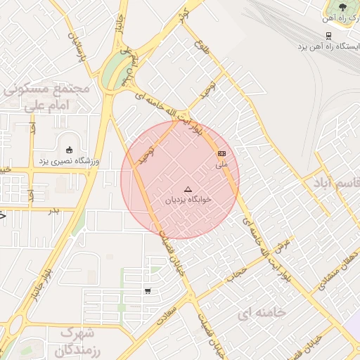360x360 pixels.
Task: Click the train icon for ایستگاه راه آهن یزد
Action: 328,36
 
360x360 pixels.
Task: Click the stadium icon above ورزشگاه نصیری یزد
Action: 69,150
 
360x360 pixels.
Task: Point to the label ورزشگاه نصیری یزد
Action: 69,161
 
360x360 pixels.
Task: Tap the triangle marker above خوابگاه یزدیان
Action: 187,189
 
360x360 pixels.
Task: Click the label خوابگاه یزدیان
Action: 187,200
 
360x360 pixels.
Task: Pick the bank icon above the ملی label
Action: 222,153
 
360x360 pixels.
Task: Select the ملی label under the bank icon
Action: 222,165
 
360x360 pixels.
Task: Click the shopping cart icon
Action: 147,290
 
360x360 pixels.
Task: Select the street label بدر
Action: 53,210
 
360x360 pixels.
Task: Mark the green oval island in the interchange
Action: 112,74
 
